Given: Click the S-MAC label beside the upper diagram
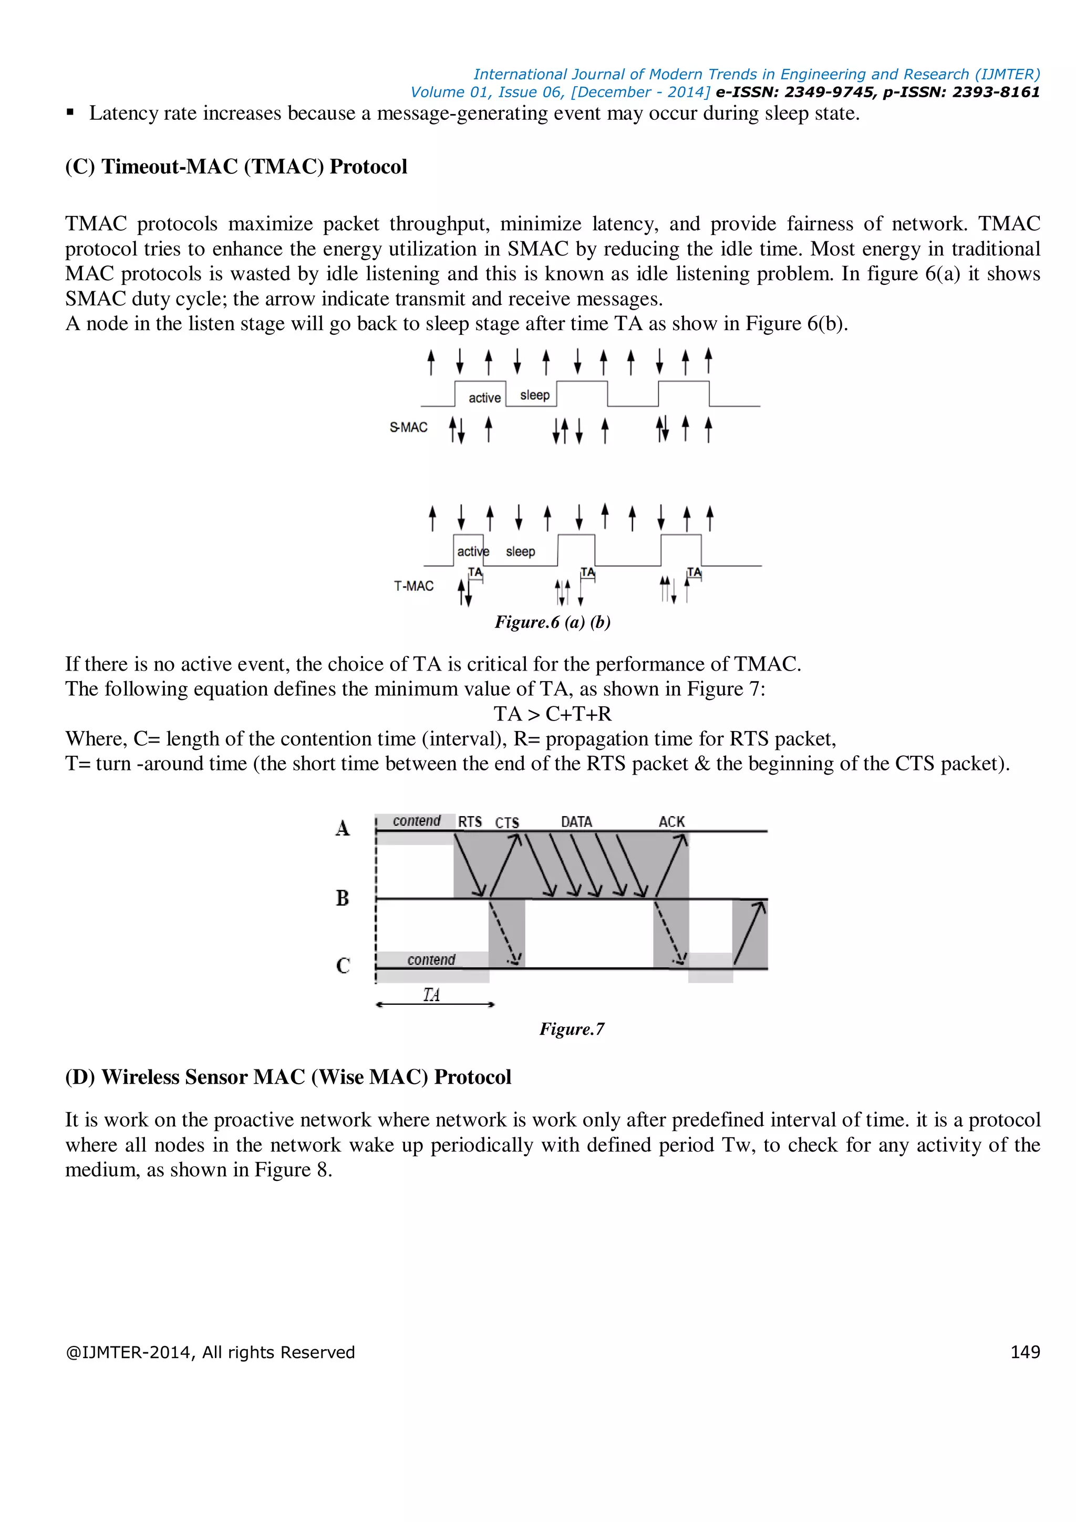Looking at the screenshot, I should click(408, 428).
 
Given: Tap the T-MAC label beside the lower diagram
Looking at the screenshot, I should click(413, 586).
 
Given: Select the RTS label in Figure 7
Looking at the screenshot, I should click(470, 822).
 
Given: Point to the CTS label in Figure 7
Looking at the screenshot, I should click(507, 822).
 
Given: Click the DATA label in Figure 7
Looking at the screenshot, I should click(576, 822).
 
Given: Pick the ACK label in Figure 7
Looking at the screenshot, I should click(671, 822).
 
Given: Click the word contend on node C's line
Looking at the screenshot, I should click(431, 960).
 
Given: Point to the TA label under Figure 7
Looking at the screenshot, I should click(431, 994).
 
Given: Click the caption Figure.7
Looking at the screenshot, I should click(572, 1029).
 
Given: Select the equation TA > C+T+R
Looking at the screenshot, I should click(553, 714).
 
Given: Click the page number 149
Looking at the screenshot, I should click(1025, 1352).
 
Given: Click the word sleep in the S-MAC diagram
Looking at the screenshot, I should click(535, 395).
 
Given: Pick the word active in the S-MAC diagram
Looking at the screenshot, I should click(484, 398).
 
